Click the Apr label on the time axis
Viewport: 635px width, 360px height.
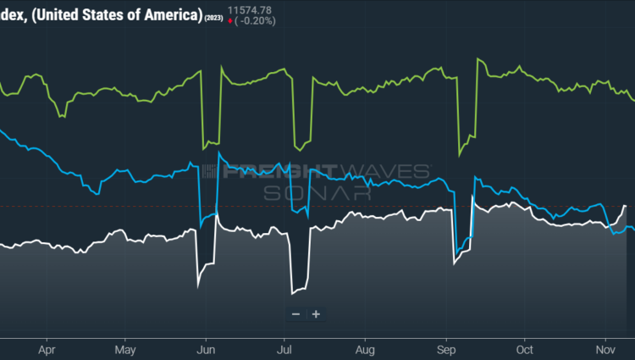click(47, 349)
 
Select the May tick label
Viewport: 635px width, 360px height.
click(124, 349)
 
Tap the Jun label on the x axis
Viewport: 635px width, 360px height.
click(204, 349)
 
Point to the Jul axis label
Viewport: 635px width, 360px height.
click(284, 349)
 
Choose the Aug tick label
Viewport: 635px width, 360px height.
click(365, 349)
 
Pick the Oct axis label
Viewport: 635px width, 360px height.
click(525, 349)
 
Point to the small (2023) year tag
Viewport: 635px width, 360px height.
click(214, 18)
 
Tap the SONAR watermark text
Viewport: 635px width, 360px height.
click(318, 192)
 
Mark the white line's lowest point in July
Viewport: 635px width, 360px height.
click(292, 294)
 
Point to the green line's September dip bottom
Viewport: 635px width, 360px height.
click(459, 155)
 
